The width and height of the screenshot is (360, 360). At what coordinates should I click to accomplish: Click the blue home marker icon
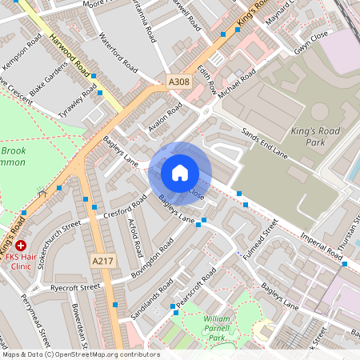(x=180, y=173)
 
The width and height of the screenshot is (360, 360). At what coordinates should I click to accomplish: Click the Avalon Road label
(x=166, y=116)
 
